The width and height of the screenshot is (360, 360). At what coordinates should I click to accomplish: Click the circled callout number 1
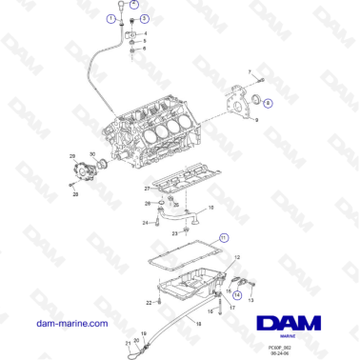(x=111, y=19)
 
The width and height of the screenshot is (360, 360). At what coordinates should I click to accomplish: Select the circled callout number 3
(x=144, y=19)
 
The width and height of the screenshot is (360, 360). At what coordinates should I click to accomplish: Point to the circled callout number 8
(x=267, y=102)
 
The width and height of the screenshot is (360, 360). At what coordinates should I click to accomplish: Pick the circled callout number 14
(x=237, y=296)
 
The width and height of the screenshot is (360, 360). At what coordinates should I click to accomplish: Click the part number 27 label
(x=146, y=190)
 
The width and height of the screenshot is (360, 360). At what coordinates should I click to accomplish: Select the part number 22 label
(x=148, y=302)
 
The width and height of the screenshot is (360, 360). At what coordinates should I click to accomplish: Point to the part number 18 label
(x=211, y=208)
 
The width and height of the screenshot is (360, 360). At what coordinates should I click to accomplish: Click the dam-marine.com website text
(x=70, y=324)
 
